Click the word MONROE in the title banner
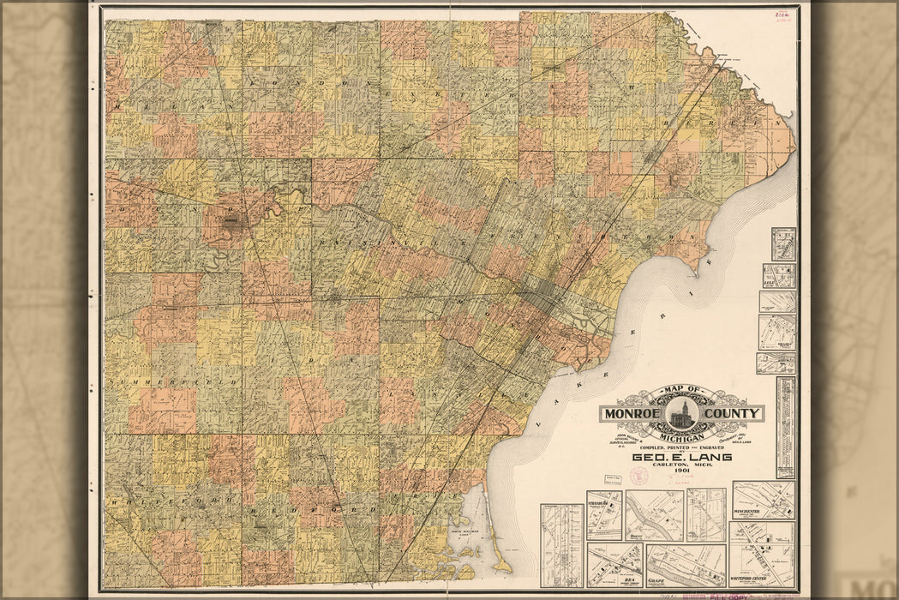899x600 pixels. coord(632,414)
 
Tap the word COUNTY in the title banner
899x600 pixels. coord(734,414)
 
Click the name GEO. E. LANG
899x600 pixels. coord(682,457)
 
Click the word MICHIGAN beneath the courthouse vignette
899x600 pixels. coord(682,435)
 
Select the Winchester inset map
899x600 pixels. coord(763,500)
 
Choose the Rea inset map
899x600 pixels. coord(614,565)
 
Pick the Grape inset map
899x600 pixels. coord(685,566)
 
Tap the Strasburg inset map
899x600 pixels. coord(604,514)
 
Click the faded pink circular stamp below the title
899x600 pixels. coord(638,476)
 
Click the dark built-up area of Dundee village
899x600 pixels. coord(231,220)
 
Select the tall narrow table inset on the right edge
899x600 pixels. coord(785,427)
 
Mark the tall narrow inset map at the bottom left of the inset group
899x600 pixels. coord(561,544)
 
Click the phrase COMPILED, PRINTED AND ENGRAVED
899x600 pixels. coord(682,447)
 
